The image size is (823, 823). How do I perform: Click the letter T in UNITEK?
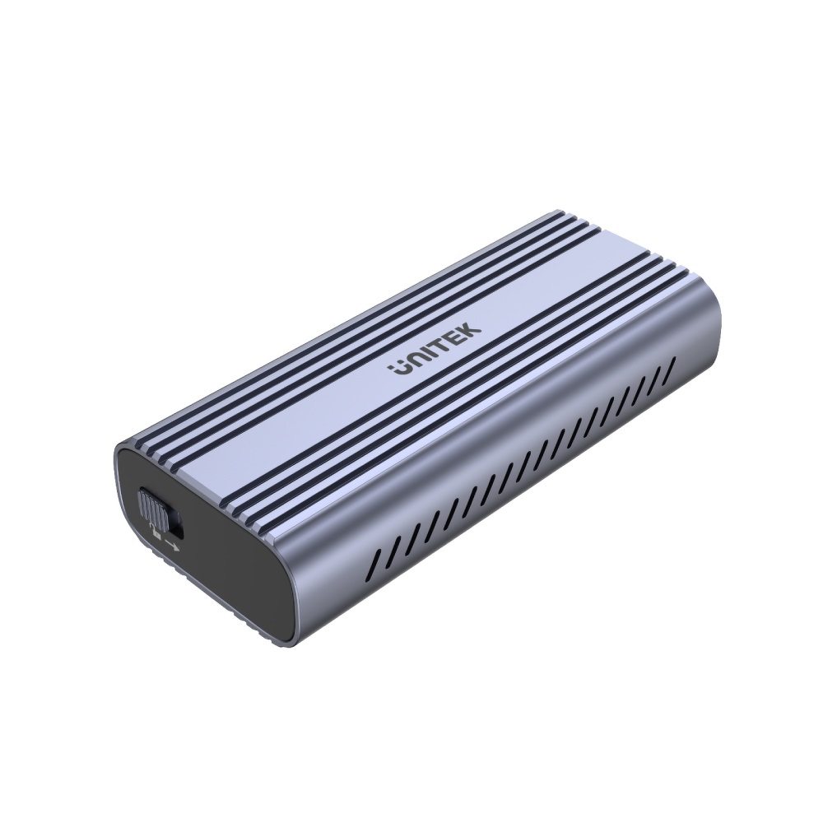[x=439, y=346]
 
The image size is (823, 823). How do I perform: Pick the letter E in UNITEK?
[x=453, y=339]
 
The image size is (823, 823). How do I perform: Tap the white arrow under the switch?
[x=172, y=545]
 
